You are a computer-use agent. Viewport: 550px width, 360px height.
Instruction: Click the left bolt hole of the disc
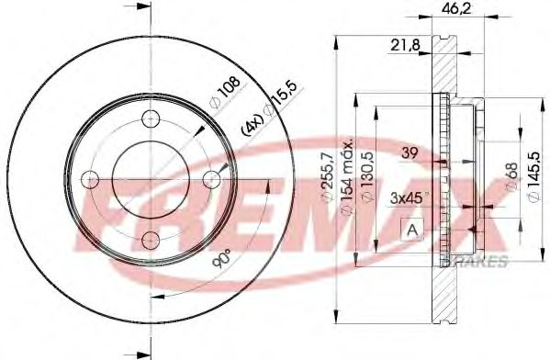[90, 178]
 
